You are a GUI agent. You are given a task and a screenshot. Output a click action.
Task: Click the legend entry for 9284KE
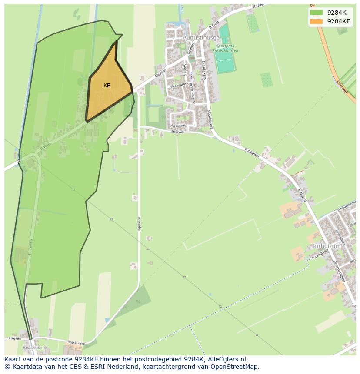coord(338,21)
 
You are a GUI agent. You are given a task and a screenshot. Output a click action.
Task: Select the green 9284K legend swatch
coord(316,13)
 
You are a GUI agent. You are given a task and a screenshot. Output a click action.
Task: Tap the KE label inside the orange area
coord(107,86)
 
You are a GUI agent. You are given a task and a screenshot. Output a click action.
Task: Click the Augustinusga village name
coord(201,38)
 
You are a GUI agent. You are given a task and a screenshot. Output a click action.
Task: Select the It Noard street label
coord(302,195)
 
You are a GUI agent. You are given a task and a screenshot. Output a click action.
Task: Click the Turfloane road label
coord(30,248)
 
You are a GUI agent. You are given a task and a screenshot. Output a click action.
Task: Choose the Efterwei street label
coord(177,132)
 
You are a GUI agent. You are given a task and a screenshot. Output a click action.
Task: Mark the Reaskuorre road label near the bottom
coord(76,343)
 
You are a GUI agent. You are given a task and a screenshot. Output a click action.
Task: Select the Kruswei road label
coord(14,338)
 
